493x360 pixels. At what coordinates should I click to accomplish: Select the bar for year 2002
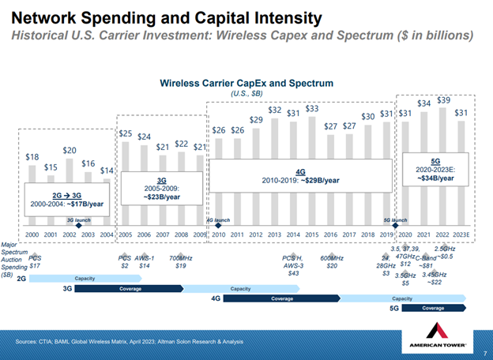pyautogui.click(x=70, y=189)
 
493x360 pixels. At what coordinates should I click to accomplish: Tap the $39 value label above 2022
pyautogui.click(x=444, y=101)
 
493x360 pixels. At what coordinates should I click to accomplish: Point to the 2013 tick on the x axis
pyautogui.click(x=274, y=234)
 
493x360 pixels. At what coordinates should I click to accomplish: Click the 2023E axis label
pyautogui.click(x=463, y=234)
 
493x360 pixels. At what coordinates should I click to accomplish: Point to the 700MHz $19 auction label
pyautogui.click(x=180, y=262)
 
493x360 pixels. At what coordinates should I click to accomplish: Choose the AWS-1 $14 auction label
pyautogui.click(x=144, y=262)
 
